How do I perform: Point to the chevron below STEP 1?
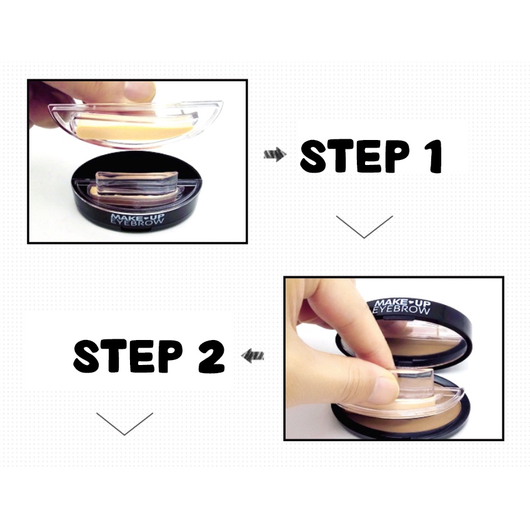pos(364,226)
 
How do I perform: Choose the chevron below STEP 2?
pos(124,423)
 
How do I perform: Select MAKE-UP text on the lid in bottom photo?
pos(402,302)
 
